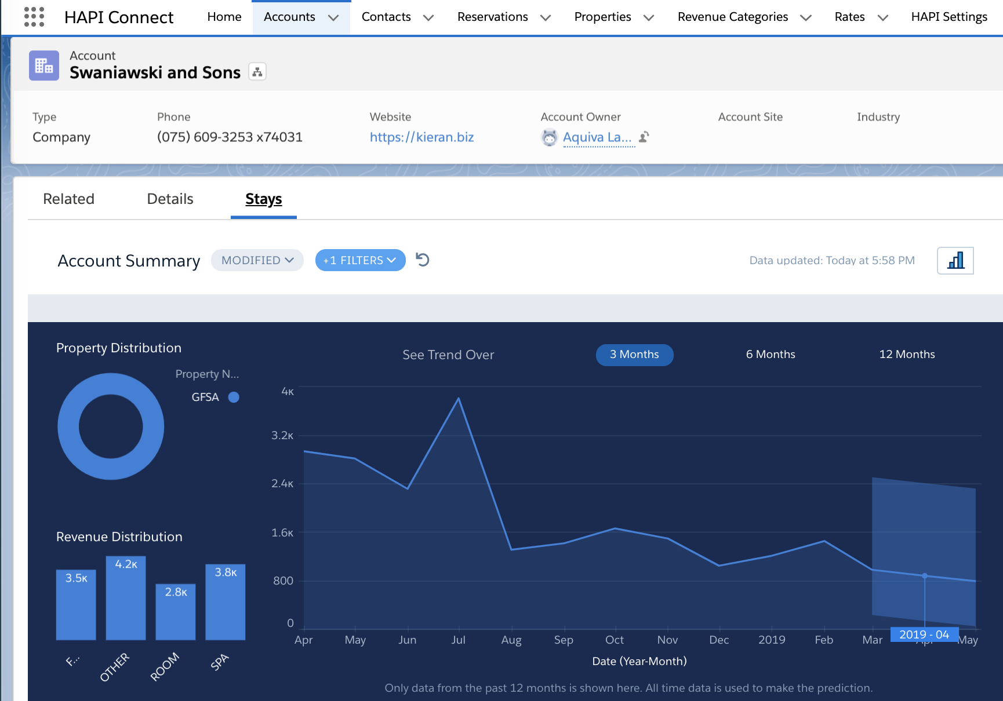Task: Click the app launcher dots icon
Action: point(34,17)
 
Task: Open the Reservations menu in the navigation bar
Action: point(503,17)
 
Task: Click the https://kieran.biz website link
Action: point(421,137)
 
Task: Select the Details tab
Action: point(170,199)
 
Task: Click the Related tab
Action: point(68,199)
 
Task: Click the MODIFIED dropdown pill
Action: point(257,260)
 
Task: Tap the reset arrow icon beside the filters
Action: point(423,260)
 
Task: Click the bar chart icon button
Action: point(955,261)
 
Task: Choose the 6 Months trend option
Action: point(771,355)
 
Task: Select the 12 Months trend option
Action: point(907,355)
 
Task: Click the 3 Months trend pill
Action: point(634,355)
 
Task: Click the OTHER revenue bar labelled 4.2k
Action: point(126,598)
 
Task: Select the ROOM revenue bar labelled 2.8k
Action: point(176,612)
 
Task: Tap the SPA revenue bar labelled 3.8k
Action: point(226,602)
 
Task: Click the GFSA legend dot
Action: point(234,397)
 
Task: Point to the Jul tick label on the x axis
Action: point(458,640)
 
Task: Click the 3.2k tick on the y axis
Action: point(282,435)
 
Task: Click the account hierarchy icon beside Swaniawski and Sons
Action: point(257,72)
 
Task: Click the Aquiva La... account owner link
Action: point(597,137)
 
